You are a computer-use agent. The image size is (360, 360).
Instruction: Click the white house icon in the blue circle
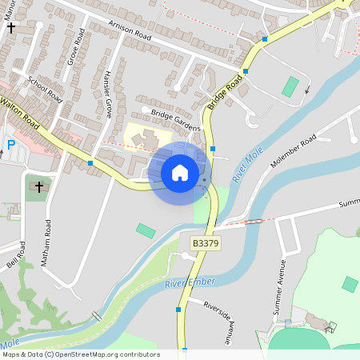pyautogui.click(x=180, y=172)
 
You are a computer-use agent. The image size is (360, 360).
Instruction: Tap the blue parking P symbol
pyautogui.click(x=11, y=145)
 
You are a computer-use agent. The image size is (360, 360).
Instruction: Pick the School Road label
pyautogui.click(x=45, y=89)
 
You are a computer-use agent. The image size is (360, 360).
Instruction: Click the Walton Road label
pyautogui.click(x=20, y=111)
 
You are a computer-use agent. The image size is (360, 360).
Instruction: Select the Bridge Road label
pyautogui.click(x=225, y=93)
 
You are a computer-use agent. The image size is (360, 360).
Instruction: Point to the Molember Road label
pyautogui.click(x=294, y=151)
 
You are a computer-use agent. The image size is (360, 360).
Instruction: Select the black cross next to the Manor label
pyautogui.click(x=11, y=27)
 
